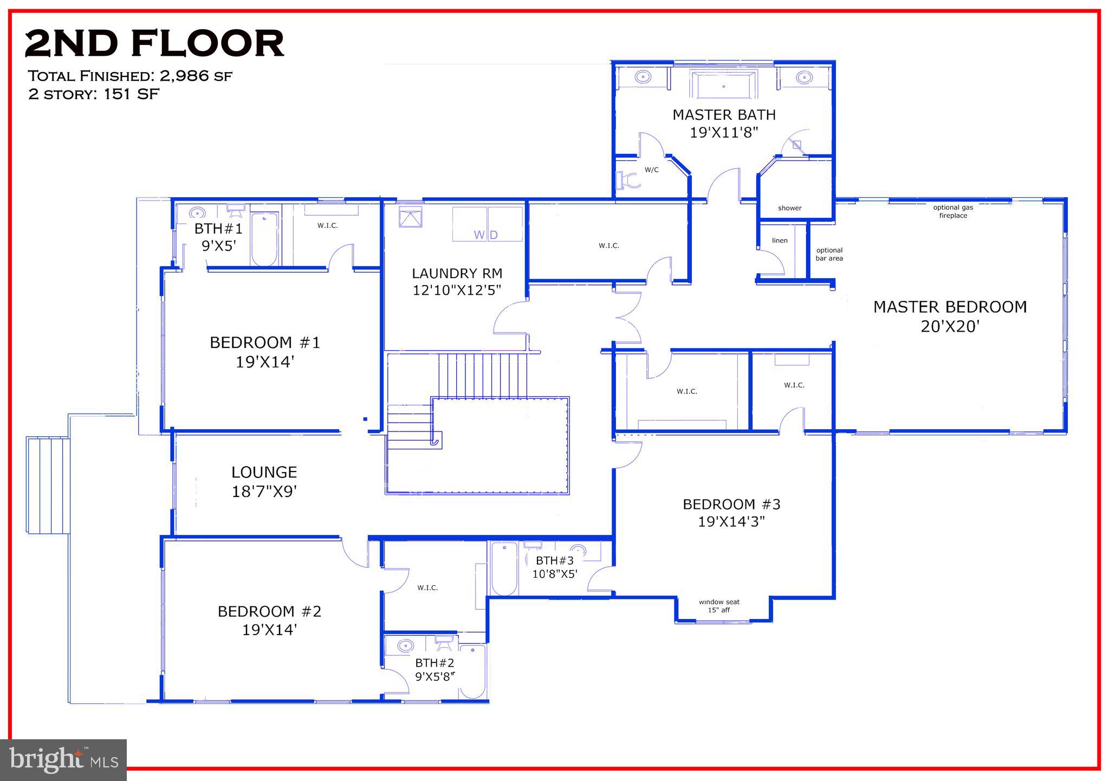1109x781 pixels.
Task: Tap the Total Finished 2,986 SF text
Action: click(130, 76)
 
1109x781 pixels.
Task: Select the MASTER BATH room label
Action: click(724, 115)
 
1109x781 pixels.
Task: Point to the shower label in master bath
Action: click(789, 208)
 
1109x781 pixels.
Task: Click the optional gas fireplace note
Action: click(953, 211)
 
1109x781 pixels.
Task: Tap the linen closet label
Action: click(780, 241)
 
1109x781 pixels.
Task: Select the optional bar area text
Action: click(829, 254)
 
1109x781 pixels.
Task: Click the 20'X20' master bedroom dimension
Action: click(950, 327)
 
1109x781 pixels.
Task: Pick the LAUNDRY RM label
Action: click(457, 273)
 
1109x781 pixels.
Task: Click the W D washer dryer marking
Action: click(485, 235)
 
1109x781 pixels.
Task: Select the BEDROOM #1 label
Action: click(265, 343)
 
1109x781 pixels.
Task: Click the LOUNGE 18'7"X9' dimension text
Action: click(264, 492)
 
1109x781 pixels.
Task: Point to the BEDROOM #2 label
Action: click(269, 611)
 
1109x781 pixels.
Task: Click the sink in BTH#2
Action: click(405, 646)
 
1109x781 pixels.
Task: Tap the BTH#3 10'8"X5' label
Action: click(554, 567)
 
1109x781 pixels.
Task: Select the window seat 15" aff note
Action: click(719, 606)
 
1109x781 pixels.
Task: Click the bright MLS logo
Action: click(63, 760)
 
